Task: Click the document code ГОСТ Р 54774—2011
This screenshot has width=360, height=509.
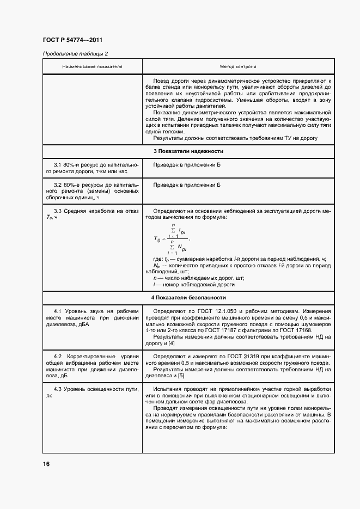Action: [x=72, y=40]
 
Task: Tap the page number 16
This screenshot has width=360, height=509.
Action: [x=46, y=464]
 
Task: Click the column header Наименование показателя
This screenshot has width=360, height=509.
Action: [x=92, y=66]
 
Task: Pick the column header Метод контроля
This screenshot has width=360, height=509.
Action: [x=238, y=66]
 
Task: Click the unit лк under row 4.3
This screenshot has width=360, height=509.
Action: [x=51, y=396]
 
